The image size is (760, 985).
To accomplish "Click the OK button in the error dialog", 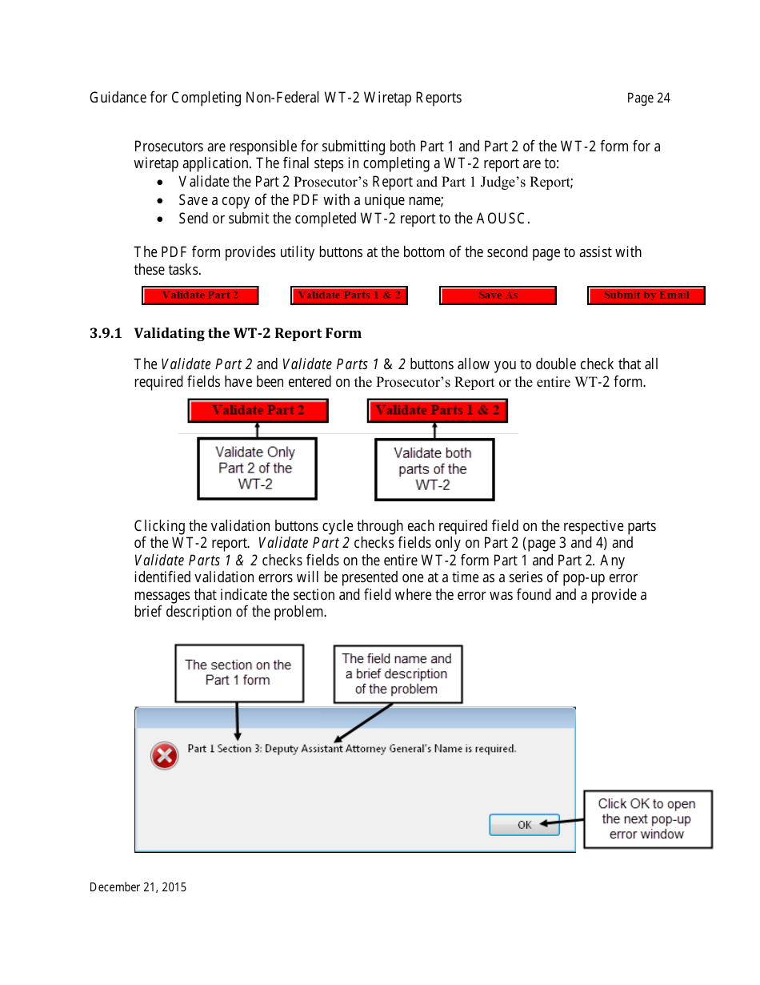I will pyautogui.click(x=524, y=825).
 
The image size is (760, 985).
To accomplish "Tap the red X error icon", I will pyautogui.click(x=165, y=755).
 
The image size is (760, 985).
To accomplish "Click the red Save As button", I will pyautogui.click(x=498, y=295).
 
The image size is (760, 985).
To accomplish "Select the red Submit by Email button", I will pyautogui.click(x=646, y=295).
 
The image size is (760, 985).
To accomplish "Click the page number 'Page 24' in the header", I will pyautogui.click(x=648, y=98).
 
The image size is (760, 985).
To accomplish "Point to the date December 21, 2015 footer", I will pyautogui.click(x=138, y=887).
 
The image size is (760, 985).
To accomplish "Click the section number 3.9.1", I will pyautogui.click(x=106, y=333).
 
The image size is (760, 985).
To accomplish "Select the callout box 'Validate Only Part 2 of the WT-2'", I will pyautogui.click(x=256, y=468).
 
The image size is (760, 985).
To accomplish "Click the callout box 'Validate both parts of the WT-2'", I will pyautogui.click(x=434, y=469).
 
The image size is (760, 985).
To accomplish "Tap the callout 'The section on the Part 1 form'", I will pyautogui.click(x=238, y=673).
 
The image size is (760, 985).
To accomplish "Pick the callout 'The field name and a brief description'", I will pyautogui.click(x=397, y=673).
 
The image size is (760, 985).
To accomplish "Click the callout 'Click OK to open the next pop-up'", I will pyautogui.click(x=647, y=819).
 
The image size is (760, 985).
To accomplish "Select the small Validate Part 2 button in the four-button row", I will pyautogui.click(x=201, y=295).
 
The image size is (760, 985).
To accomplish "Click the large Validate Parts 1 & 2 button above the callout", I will pyautogui.click(x=437, y=411).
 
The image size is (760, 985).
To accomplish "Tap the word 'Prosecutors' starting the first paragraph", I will pyautogui.click(x=167, y=147).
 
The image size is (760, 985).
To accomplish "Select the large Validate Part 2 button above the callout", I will pyautogui.click(x=258, y=411).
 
